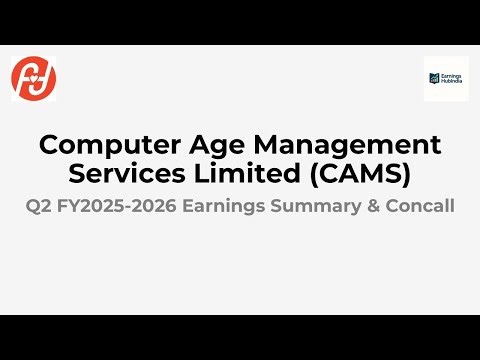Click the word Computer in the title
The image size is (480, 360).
click(x=99, y=145)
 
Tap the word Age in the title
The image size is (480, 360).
click(x=195, y=145)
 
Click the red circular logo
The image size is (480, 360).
click(x=34, y=78)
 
